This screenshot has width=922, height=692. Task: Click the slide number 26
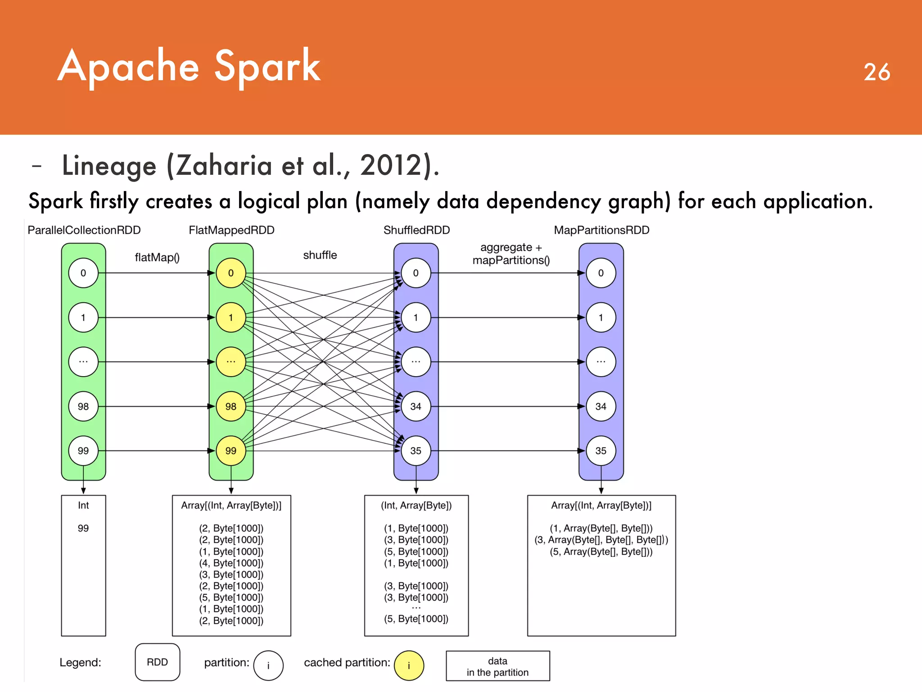click(x=877, y=72)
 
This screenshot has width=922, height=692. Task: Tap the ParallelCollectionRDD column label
click(x=84, y=230)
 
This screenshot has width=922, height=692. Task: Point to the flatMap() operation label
click(x=157, y=257)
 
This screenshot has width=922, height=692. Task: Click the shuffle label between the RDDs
click(x=320, y=255)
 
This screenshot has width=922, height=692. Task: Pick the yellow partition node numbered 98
click(x=231, y=406)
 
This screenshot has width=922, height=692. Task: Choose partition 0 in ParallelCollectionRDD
click(x=83, y=273)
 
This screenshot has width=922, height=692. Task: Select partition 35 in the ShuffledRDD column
click(x=416, y=451)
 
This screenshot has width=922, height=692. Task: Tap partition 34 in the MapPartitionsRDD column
click(x=601, y=406)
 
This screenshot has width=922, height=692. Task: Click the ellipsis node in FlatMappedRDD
click(x=231, y=362)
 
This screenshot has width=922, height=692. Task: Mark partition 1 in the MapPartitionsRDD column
click(x=601, y=318)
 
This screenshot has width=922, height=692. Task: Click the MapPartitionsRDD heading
click(x=601, y=230)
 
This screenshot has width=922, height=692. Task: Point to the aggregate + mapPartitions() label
click(x=511, y=254)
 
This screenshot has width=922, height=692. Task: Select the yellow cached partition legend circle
click(x=409, y=665)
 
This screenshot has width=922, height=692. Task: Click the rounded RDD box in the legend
click(x=157, y=662)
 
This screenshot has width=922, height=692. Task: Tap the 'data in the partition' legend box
click(x=497, y=666)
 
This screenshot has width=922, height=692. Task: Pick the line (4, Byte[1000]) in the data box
click(x=231, y=563)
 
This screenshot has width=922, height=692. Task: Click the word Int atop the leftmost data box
click(x=83, y=505)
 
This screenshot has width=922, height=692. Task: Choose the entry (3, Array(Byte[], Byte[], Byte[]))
click(x=601, y=540)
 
